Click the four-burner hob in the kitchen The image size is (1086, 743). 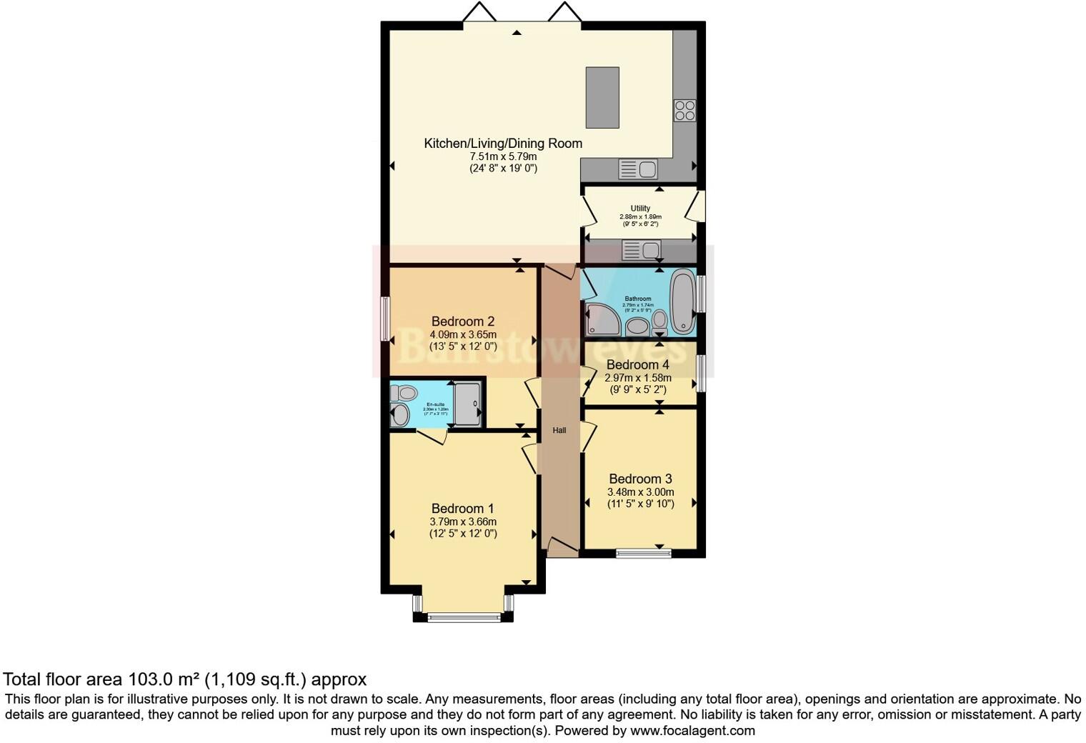click(684, 110)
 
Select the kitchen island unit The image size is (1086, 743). click(602, 97)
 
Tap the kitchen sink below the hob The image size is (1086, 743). click(638, 169)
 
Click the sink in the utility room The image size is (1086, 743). click(641, 250)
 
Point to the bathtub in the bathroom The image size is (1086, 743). click(682, 301)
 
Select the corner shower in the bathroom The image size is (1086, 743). click(603, 319)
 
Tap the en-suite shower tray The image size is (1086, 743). click(467, 404)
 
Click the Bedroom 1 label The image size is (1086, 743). click(462, 509)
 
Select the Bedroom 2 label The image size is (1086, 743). click(462, 321)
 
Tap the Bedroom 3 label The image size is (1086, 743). click(640, 479)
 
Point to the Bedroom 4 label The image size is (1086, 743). click(638, 365)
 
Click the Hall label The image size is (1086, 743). click(559, 430)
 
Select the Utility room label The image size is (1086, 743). click(640, 209)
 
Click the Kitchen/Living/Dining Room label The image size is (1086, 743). click(503, 143)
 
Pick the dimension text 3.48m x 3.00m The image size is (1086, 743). click(640, 492)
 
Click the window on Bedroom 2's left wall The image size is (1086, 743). click(385, 319)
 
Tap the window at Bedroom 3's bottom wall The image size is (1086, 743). click(644, 552)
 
